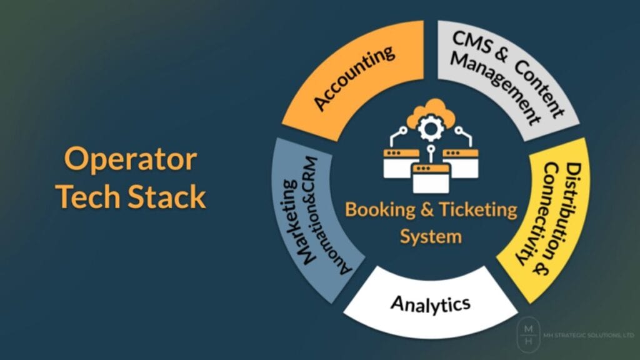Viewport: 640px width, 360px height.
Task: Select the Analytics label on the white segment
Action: (x=431, y=304)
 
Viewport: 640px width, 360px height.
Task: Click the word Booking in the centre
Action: (x=374, y=210)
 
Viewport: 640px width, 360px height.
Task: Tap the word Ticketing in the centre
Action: (x=477, y=210)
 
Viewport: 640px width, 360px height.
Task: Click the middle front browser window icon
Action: (x=431, y=178)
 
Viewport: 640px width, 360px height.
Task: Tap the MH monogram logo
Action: (x=528, y=335)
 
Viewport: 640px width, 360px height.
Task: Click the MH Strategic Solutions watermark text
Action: (x=589, y=335)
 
